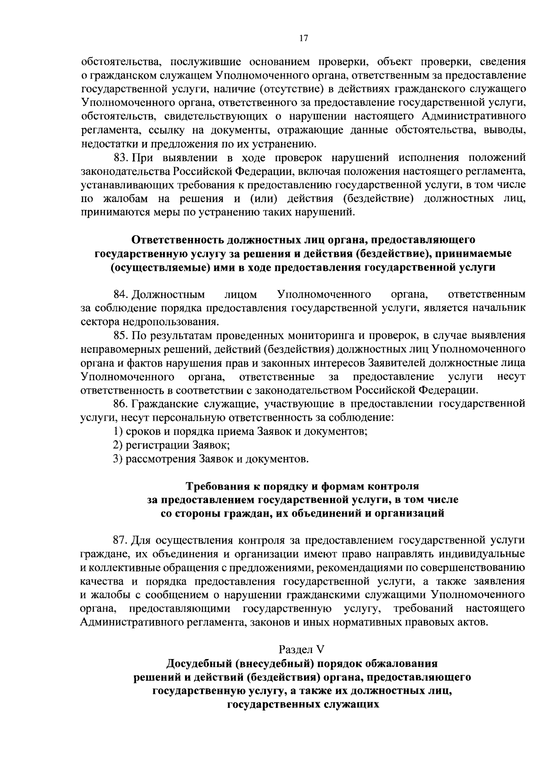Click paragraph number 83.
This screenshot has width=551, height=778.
(121, 158)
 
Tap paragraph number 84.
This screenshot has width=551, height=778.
(121, 294)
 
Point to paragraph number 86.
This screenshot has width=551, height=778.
(121, 404)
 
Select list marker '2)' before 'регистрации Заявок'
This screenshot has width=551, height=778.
(118, 445)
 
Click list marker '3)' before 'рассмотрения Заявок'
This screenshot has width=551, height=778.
(118, 459)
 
